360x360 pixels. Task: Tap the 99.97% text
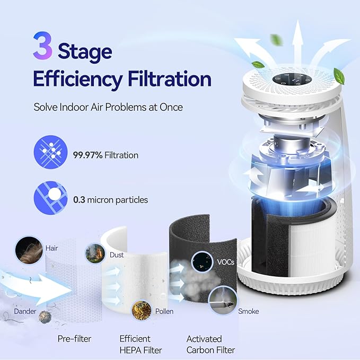(x=88, y=155)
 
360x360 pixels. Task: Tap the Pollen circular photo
(x=141, y=310)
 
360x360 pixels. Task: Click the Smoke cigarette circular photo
(x=222, y=301)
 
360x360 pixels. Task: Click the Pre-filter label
(x=74, y=338)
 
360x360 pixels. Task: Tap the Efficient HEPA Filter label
(x=140, y=344)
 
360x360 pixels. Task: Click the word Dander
(x=24, y=311)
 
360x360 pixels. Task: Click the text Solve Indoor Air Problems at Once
(x=108, y=107)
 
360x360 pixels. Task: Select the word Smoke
(x=248, y=311)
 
